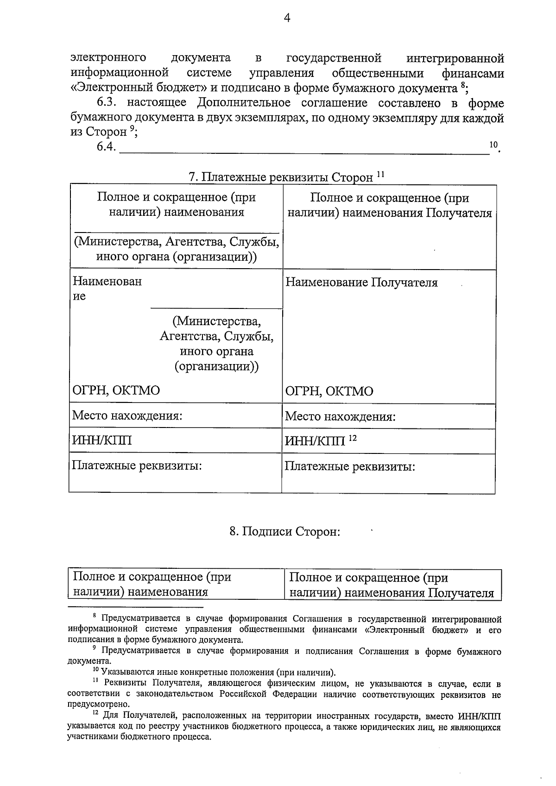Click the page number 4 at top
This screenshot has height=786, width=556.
(x=287, y=18)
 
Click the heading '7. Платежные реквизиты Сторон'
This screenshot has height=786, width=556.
(x=280, y=177)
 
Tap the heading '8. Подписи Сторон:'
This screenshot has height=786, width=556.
(x=284, y=531)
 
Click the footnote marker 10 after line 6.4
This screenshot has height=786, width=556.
(x=493, y=145)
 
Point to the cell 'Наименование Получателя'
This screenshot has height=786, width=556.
(x=361, y=283)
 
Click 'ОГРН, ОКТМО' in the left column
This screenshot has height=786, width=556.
(x=116, y=390)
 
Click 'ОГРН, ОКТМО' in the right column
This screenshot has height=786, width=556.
(x=329, y=391)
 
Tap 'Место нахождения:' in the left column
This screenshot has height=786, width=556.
(x=127, y=415)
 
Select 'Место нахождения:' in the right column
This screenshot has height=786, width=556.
(x=340, y=416)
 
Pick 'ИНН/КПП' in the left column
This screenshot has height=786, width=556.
(x=101, y=440)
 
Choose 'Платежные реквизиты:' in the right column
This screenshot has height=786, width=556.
(x=349, y=466)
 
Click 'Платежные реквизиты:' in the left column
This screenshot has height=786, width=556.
(x=137, y=465)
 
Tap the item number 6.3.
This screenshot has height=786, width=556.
(x=108, y=102)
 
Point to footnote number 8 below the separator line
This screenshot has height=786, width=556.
(x=94, y=616)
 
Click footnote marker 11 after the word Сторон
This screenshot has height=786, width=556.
(x=380, y=174)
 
